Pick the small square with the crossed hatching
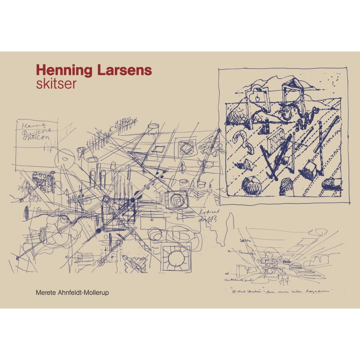point(186,147)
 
